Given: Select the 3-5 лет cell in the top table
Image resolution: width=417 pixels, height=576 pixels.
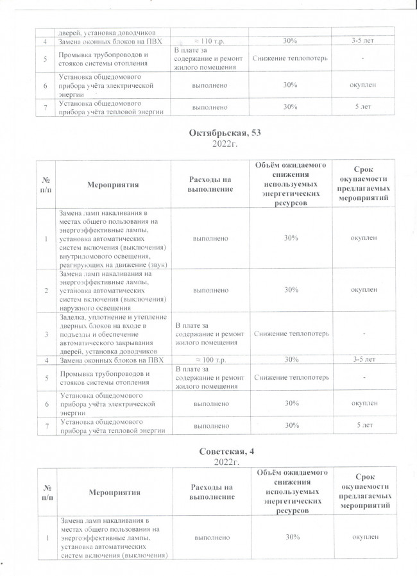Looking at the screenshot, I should point(364,42).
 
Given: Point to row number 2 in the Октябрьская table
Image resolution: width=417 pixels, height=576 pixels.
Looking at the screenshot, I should point(46,291).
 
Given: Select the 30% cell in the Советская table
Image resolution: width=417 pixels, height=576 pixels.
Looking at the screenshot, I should point(292,536).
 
